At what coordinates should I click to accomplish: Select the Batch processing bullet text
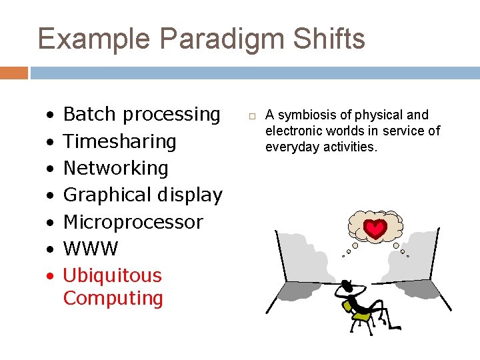click(141, 115)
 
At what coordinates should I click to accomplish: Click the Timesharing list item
click(119, 141)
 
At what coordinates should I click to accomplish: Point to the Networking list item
click(115, 168)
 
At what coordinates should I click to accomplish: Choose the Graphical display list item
click(142, 195)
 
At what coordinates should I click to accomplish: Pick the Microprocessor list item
click(133, 222)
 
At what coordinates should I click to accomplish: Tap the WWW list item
click(90, 249)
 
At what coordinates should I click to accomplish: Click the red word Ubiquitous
click(112, 275)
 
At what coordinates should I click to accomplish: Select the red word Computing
click(113, 298)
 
